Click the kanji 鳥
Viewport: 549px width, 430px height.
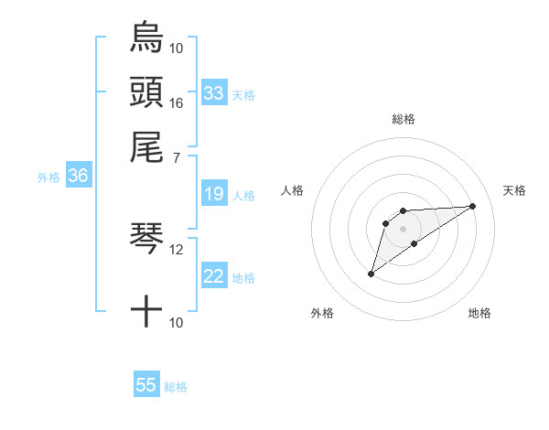click(146, 38)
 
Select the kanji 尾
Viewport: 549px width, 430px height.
click(146, 146)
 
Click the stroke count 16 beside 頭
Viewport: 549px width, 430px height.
click(176, 102)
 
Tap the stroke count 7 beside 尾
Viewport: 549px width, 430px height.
click(176, 157)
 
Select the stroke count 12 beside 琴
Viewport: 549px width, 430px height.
click(176, 249)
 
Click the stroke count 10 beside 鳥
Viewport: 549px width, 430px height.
click(176, 48)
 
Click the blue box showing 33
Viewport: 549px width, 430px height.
click(214, 92)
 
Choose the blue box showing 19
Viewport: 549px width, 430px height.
click(214, 194)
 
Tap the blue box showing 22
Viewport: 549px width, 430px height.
click(214, 276)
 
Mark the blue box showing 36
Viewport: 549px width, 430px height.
click(78, 176)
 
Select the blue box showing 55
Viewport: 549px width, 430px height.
click(146, 385)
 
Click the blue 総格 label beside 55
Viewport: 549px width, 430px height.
click(176, 387)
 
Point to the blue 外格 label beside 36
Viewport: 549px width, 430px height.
click(48, 177)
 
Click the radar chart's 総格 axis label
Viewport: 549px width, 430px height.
click(403, 119)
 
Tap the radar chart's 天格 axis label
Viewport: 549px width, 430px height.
click(514, 190)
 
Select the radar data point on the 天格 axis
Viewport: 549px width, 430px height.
click(473, 205)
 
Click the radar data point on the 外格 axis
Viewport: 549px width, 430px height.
click(371, 274)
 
